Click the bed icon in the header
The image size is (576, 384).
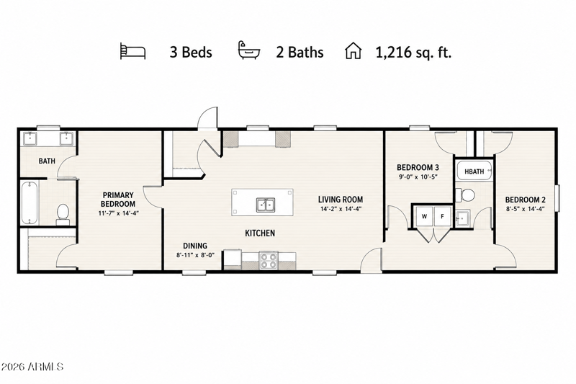pos(132,51)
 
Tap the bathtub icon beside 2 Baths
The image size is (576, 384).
pos(248,50)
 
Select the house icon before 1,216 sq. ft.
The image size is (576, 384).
pos(353,51)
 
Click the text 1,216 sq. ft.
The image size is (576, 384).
pos(413,52)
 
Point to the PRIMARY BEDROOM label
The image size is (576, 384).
pos(118,200)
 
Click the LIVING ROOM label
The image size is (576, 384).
pos(341,200)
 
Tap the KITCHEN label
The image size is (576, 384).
pos(260,233)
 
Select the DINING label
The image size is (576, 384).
pos(195,246)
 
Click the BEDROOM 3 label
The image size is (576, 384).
pos(418,168)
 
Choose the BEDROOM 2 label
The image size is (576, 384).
pos(526,200)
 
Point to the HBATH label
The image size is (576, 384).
pos(474,171)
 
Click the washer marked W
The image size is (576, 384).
pos(424,216)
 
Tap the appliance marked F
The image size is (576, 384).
pos(443,216)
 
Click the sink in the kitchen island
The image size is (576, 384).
pos(266,205)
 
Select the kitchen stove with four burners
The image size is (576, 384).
pos(269,261)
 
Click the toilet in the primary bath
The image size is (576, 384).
pos(63,214)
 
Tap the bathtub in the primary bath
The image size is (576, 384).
pos(30,203)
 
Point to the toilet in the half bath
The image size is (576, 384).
pos(465,195)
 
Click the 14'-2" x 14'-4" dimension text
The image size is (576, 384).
pos(341,209)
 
